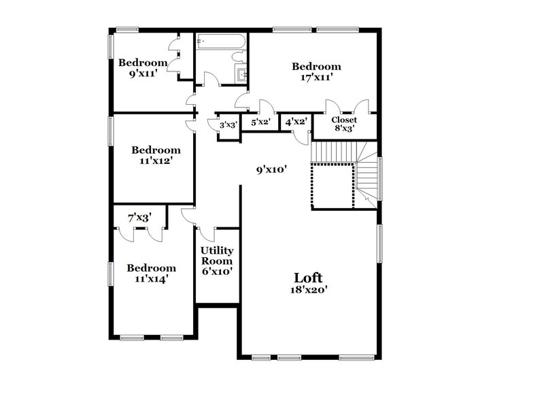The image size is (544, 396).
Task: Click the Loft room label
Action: point(308,278)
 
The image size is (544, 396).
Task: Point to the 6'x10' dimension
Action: point(216,271)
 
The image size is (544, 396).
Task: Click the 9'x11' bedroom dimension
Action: point(143,73)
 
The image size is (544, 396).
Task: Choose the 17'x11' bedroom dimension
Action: point(316,78)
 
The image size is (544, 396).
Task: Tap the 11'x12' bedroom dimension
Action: point(156,161)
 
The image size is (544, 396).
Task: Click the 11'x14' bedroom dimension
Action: point(152,278)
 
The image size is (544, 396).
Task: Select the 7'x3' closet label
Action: point(139,218)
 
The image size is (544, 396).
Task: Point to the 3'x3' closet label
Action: point(228,125)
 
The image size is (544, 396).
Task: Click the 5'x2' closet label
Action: point(261,122)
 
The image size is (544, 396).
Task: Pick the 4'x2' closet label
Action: point(296,122)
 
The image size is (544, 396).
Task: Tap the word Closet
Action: point(343,120)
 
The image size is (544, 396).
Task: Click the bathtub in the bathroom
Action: point(220,43)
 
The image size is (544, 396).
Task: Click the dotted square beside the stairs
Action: point(332,185)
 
